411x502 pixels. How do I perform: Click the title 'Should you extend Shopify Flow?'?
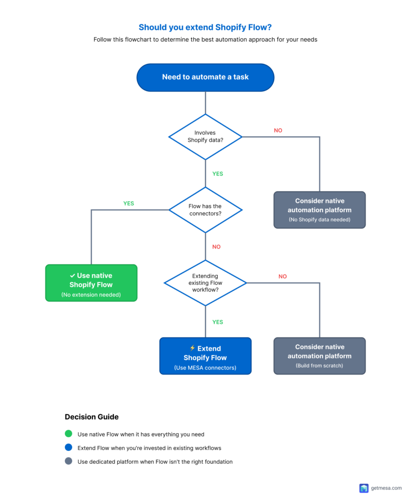click(x=205, y=27)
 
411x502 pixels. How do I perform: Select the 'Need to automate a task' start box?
click(x=205, y=77)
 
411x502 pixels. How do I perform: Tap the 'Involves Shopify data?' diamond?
click(x=205, y=137)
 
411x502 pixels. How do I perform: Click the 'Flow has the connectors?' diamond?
click(x=205, y=210)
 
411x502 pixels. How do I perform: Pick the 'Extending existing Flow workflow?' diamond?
click(x=205, y=283)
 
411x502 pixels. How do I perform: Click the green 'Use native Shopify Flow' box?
click(x=91, y=283)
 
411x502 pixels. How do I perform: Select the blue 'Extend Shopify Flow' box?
click(x=205, y=356)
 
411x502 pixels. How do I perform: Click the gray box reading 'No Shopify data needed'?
click(x=319, y=210)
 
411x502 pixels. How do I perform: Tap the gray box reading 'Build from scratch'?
click(x=319, y=356)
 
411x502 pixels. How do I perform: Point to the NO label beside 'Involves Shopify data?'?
click(x=278, y=130)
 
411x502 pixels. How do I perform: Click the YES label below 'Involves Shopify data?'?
click(x=217, y=174)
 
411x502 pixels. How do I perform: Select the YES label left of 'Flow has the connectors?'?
click(x=128, y=203)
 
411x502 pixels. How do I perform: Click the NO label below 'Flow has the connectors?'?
click(x=216, y=247)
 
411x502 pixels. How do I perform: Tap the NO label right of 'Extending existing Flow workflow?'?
click(x=283, y=276)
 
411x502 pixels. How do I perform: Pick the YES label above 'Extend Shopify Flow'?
click(x=217, y=322)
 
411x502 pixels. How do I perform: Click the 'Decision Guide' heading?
click(x=92, y=417)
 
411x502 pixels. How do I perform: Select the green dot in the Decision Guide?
click(x=68, y=434)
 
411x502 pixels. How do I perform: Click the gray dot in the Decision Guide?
click(x=68, y=461)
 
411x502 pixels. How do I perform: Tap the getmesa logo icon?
click(x=363, y=488)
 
